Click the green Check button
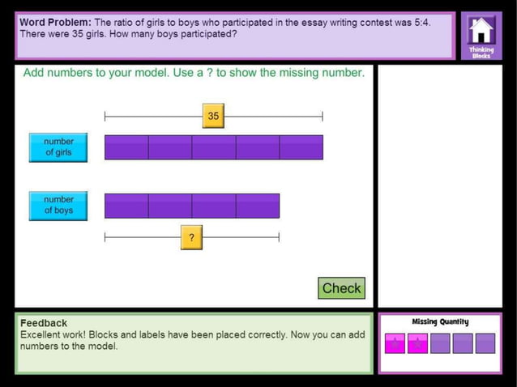pos(341,288)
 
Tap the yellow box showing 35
pos(213,116)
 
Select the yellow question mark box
pos(191,238)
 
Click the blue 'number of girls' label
pos(58,147)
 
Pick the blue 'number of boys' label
pos(58,206)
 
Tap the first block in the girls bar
pos(126,147)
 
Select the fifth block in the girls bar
pos(301,147)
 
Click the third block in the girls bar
pos(214,147)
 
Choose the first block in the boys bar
pos(126,206)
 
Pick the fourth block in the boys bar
pos(258,206)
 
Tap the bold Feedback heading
pos(44,322)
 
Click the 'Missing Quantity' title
pos(440,321)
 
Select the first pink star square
pos(395,343)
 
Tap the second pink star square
pos(417,343)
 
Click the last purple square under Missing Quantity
pos(485,343)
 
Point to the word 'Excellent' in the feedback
pos(43,334)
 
